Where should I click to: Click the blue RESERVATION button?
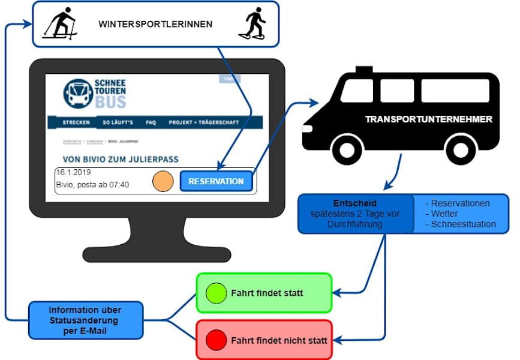(x=216, y=181)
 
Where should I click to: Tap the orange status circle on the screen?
(x=163, y=181)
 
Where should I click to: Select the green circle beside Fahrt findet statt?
(x=215, y=293)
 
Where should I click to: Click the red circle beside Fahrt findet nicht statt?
(x=215, y=340)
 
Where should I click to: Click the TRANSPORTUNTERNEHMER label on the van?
(x=428, y=119)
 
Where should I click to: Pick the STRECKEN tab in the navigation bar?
(x=76, y=122)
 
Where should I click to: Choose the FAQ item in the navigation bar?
(x=151, y=122)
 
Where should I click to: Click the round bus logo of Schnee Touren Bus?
(x=78, y=94)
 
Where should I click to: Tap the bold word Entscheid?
(x=355, y=204)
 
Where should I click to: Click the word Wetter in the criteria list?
(x=446, y=214)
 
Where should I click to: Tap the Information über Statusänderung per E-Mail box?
(x=85, y=320)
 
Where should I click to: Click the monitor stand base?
(x=157, y=254)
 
